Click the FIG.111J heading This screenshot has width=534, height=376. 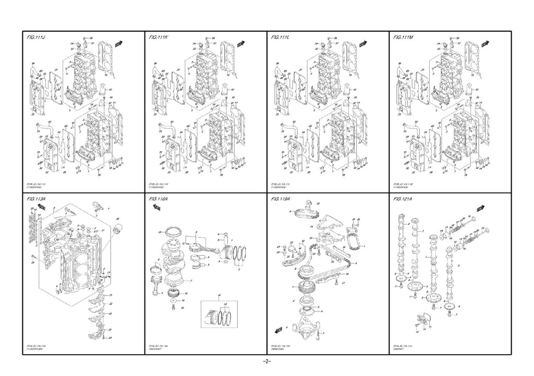coord(37,39)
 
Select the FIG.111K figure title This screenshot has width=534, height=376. coord(160,39)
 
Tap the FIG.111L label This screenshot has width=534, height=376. coord(282,39)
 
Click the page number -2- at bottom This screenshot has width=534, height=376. coord(267,361)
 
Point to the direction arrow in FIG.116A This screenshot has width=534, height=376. coord(154,208)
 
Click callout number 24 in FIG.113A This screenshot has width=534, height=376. coord(111,337)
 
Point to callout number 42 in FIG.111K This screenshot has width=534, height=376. coord(233,89)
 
